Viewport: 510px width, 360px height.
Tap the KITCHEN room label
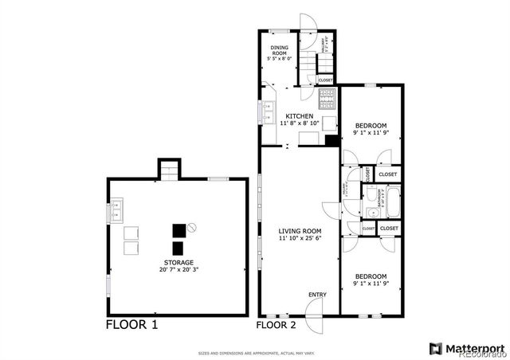[300, 116]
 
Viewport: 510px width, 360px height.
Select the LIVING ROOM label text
[299, 231]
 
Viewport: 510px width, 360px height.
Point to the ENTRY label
[316, 295]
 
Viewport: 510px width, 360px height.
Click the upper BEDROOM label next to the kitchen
[371, 125]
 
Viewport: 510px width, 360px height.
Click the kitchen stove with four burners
[326, 99]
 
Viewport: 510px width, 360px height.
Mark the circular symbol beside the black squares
[192, 228]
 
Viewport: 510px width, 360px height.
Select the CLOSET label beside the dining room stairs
[325, 80]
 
